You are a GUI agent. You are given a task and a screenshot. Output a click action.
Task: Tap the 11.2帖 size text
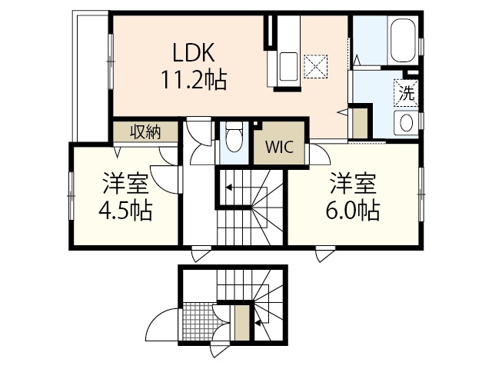[x=193, y=79]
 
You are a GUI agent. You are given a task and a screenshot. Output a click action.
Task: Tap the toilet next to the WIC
[x=233, y=140]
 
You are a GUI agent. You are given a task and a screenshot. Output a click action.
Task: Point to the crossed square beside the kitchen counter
[x=314, y=65]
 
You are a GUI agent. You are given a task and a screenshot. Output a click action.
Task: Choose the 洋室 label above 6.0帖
[x=352, y=184]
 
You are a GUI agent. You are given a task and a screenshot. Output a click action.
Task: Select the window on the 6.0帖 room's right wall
[x=422, y=192]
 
